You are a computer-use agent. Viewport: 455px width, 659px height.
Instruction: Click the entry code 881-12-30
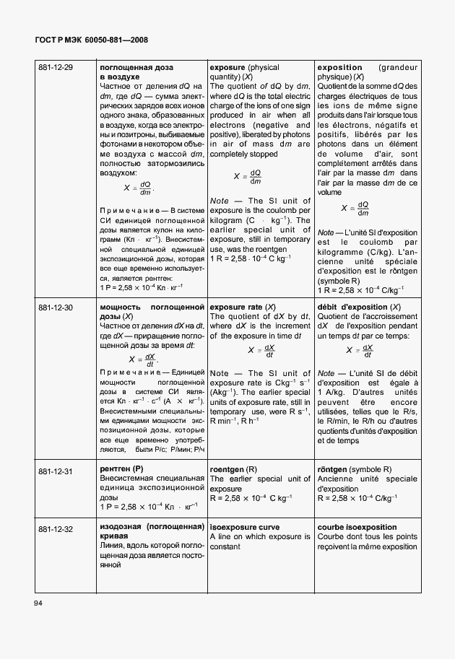(56, 307)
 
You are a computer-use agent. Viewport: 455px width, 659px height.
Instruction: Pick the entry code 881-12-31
(56, 471)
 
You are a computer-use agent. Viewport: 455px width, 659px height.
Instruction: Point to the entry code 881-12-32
(56, 528)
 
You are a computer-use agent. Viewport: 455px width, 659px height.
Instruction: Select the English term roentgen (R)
(233, 470)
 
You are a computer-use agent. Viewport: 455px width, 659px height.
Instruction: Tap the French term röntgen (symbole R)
(355, 470)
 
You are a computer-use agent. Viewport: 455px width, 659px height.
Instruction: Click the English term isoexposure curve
(245, 528)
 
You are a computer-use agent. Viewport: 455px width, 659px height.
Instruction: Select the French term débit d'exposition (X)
(359, 307)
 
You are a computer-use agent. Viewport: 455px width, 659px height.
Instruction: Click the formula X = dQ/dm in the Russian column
(139, 188)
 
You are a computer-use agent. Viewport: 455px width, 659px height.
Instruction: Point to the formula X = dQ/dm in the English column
(248, 177)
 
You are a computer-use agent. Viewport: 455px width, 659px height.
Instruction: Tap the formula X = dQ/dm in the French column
(355, 209)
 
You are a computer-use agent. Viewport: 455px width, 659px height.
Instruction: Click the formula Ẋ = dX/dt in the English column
(261, 351)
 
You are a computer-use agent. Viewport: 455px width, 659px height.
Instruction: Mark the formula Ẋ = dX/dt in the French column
(359, 351)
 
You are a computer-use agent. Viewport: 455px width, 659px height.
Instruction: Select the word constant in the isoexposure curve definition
(226, 547)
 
